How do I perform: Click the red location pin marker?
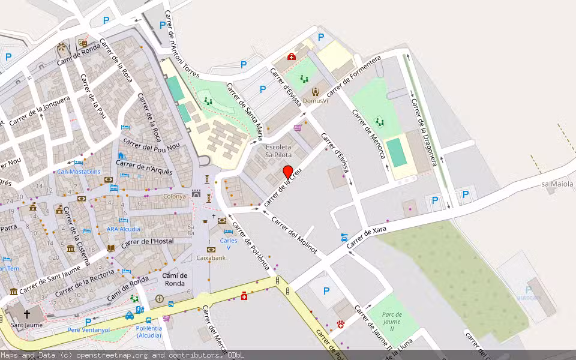(288, 172)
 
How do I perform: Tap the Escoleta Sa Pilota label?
(278, 151)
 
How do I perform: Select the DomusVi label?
(316, 100)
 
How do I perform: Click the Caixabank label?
(211, 257)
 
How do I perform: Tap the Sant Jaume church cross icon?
(26, 314)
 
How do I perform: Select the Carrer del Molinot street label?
(294, 235)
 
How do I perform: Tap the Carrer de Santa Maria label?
(245, 110)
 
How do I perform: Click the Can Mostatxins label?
(79, 172)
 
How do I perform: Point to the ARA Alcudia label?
(124, 229)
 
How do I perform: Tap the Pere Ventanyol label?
(89, 330)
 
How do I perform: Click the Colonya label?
(175, 196)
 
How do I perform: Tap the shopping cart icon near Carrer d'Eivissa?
(298, 128)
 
